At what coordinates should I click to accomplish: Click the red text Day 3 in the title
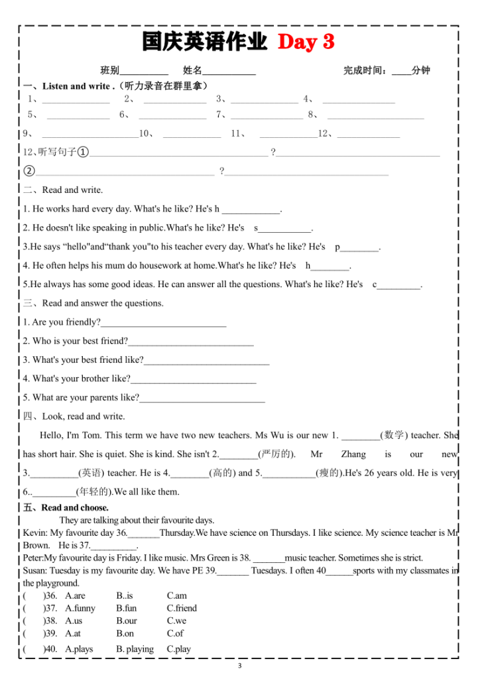click(x=306, y=42)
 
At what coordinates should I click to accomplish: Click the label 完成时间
click(x=365, y=70)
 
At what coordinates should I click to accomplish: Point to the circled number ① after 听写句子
click(x=83, y=153)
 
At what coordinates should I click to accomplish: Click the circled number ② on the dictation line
click(x=29, y=171)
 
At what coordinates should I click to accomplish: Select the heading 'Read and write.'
click(x=72, y=190)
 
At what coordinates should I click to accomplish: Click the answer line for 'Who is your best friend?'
click(x=191, y=342)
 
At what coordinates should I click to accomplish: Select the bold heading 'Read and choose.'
click(x=75, y=508)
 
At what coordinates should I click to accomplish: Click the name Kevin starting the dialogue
click(x=34, y=533)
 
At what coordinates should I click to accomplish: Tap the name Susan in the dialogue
click(x=36, y=571)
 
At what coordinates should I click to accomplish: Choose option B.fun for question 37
click(x=126, y=608)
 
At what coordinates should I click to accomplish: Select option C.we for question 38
click(x=176, y=621)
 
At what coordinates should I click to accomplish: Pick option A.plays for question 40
click(x=79, y=649)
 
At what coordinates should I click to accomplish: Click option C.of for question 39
click(x=175, y=633)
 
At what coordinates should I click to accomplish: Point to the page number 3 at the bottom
click(x=240, y=665)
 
